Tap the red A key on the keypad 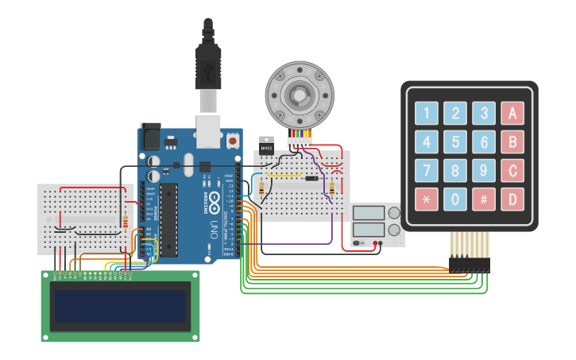(x=512, y=114)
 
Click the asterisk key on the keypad (x=427, y=199)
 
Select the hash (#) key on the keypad (x=483, y=199)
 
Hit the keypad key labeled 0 (x=455, y=199)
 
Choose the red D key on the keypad (x=512, y=199)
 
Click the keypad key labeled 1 (x=427, y=114)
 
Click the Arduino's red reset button (x=232, y=141)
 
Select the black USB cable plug (x=208, y=68)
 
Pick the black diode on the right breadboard (x=312, y=179)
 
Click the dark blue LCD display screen (x=120, y=306)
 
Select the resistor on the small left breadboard (x=125, y=220)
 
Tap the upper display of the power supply (x=369, y=213)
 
